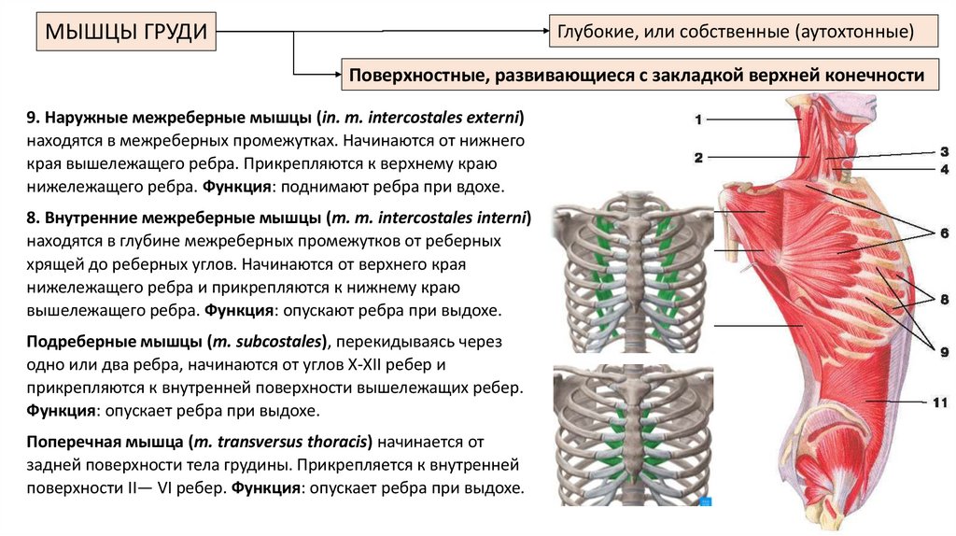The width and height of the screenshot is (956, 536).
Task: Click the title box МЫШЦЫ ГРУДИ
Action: [x=127, y=34]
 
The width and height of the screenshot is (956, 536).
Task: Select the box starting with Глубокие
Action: [x=743, y=33]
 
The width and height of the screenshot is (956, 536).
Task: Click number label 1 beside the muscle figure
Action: [x=698, y=120]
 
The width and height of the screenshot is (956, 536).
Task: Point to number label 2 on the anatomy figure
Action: [x=698, y=158]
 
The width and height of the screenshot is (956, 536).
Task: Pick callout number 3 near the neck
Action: [x=944, y=150]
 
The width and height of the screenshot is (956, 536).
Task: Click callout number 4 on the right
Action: [x=944, y=169]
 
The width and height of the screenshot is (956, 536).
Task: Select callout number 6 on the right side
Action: [x=944, y=232]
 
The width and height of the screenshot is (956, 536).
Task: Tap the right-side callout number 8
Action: [x=944, y=299]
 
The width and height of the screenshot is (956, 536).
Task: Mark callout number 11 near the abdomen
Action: [x=939, y=402]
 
